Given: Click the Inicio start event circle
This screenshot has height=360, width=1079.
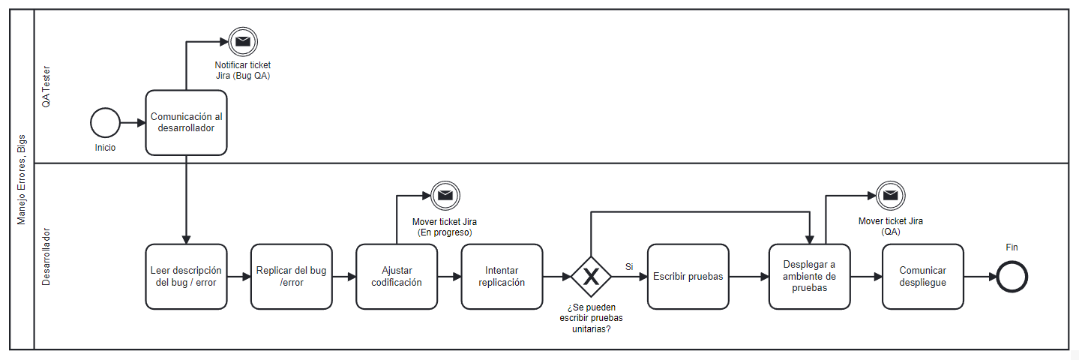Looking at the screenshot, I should click(105, 123).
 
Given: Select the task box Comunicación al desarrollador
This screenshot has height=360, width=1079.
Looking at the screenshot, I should click(186, 123).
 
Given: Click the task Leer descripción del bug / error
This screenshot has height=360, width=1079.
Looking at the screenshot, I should click(186, 277).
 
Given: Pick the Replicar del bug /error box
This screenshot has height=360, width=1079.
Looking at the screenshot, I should click(291, 277).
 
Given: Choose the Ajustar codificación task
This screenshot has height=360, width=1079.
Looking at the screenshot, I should click(396, 277).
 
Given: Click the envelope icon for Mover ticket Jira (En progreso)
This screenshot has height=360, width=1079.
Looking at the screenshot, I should click(445, 196).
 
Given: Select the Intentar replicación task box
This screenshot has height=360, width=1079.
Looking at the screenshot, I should click(502, 277).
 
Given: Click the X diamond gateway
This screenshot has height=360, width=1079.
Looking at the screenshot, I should click(591, 277).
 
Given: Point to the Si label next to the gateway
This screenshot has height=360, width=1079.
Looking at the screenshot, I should click(629, 267).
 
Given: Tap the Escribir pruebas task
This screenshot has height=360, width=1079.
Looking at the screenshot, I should click(688, 277).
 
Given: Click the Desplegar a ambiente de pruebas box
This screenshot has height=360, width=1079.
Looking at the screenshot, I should click(809, 277).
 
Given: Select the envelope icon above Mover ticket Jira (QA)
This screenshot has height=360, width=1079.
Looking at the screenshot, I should click(890, 196).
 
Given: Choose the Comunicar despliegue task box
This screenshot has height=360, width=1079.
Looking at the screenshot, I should click(922, 277).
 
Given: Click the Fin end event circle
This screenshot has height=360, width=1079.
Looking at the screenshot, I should click(1012, 277).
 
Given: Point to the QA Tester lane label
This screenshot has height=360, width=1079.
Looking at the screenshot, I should click(46, 86).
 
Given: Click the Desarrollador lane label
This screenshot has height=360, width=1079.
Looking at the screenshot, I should click(46, 256).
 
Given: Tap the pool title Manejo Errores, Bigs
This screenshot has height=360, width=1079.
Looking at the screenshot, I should click(22, 180).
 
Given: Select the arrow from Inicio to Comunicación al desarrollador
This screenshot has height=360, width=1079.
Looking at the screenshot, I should click(133, 123).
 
